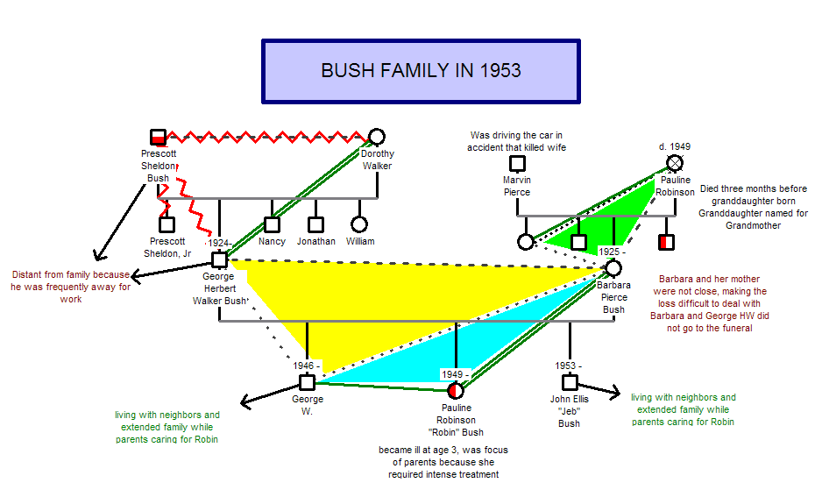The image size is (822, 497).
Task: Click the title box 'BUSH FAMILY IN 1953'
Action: [x=421, y=71]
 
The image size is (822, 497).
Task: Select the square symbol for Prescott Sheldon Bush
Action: [x=158, y=137]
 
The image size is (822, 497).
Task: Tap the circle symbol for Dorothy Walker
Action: [x=377, y=136]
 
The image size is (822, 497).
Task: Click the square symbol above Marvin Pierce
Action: [x=518, y=163]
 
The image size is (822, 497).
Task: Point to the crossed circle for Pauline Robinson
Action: [x=675, y=162]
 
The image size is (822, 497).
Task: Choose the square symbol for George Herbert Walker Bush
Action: [x=219, y=259]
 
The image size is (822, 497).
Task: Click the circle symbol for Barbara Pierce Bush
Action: [x=613, y=268]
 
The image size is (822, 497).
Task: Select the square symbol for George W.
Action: [x=307, y=382]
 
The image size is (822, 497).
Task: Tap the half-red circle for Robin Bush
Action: [x=454, y=390]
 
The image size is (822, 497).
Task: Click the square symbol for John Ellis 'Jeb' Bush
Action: [x=570, y=382]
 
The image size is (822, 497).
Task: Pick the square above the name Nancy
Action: [x=272, y=224]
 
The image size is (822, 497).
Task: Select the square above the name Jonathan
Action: [x=315, y=224]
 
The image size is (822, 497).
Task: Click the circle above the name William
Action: [x=358, y=224]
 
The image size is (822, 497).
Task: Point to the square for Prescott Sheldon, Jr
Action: [x=167, y=224]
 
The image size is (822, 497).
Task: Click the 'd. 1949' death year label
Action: [x=675, y=146]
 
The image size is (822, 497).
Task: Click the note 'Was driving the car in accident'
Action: [x=518, y=141]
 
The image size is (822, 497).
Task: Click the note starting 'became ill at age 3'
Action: [x=438, y=462]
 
